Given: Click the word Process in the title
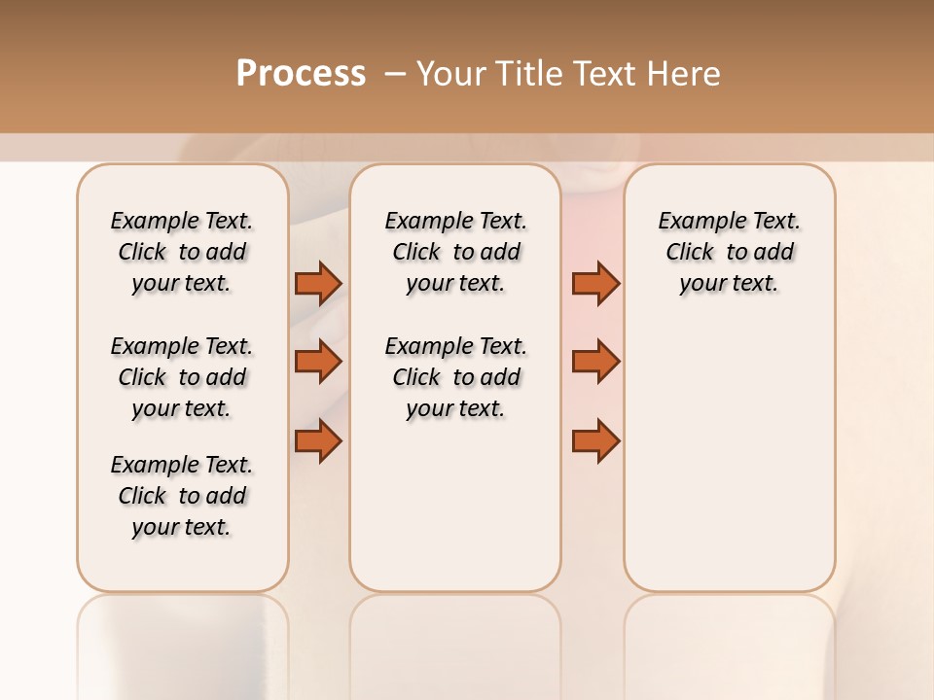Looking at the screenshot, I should [x=301, y=73].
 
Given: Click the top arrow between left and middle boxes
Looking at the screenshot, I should [x=318, y=283].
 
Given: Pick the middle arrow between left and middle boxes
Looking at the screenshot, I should [x=318, y=362].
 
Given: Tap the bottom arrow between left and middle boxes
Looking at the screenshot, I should [x=318, y=441].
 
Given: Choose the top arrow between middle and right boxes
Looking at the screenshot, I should [x=595, y=283].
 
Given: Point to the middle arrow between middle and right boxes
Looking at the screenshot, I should [x=595, y=362].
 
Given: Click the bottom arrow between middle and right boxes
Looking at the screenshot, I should [x=595, y=441].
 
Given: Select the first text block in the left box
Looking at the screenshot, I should [x=182, y=252].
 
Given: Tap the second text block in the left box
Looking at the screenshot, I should [x=182, y=377].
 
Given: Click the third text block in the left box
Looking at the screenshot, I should [x=182, y=496].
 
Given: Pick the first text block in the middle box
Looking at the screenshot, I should [x=455, y=252].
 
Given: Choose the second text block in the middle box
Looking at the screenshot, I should [x=455, y=377].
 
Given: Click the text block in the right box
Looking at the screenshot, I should [x=729, y=252].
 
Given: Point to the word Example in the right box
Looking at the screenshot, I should [x=695, y=222].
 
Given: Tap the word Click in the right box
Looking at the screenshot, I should [x=690, y=253].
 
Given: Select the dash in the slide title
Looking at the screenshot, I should [x=395, y=73].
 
